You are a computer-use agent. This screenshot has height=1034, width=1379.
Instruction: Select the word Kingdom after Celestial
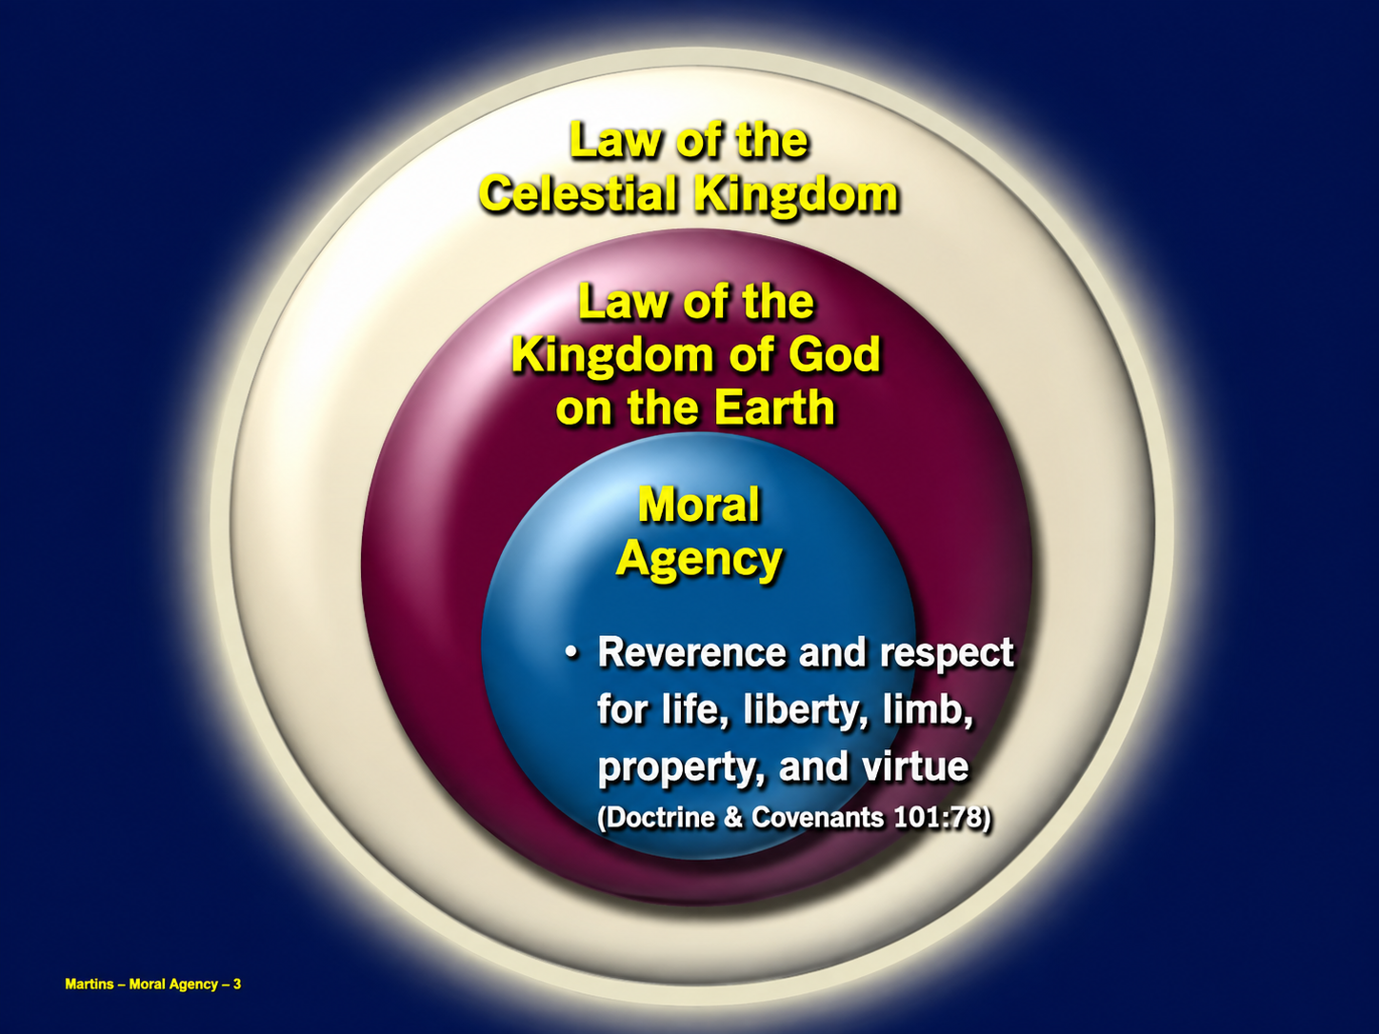796,196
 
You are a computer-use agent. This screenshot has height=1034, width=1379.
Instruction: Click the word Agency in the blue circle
699,560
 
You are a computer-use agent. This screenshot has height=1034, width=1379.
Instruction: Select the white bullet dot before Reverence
570,652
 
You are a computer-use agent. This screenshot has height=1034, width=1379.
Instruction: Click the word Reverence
691,651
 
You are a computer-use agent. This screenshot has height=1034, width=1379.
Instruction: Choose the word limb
928,708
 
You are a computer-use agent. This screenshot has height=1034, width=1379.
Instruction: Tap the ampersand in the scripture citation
733,818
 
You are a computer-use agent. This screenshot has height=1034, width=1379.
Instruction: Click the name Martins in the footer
90,984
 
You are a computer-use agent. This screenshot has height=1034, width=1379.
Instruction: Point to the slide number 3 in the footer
237,984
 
